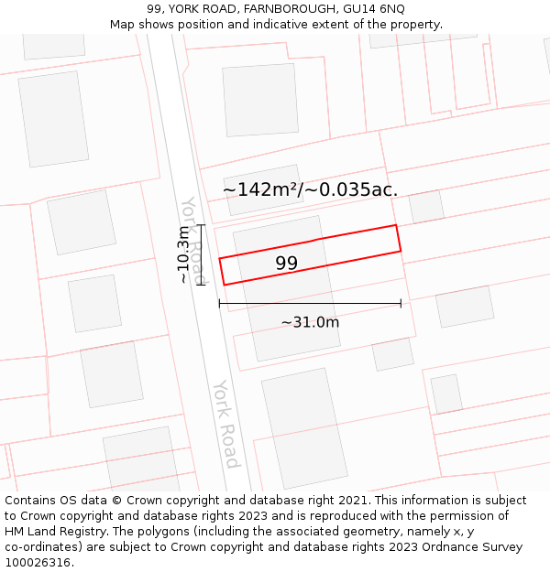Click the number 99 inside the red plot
(x=286, y=264)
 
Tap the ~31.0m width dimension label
(x=310, y=322)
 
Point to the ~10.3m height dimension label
(x=184, y=254)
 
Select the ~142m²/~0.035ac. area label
(x=310, y=189)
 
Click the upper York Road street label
(x=193, y=240)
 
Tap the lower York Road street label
(x=225, y=423)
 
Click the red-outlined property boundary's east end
(x=398, y=238)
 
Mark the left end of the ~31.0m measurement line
(x=219, y=303)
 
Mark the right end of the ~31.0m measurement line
(x=401, y=303)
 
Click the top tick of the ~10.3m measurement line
(x=201, y=224)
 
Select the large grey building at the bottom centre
(x=304, y=428)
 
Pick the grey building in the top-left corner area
(x=53, y=118)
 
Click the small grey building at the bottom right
(x=446, y=394)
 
